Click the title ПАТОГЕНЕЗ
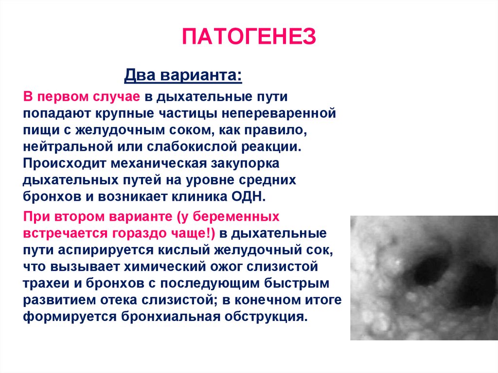click(249, 36)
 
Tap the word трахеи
click(46, 283)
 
